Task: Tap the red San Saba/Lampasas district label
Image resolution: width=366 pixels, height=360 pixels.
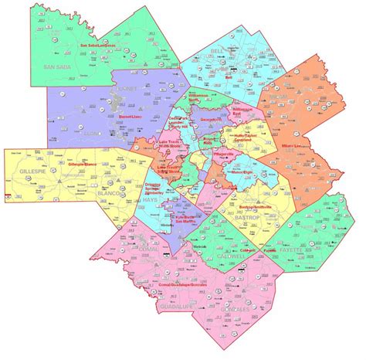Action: (x=98, y=44)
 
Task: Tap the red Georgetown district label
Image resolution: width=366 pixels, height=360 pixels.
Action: (x=208, y=120)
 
